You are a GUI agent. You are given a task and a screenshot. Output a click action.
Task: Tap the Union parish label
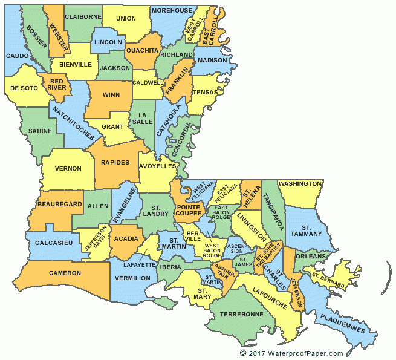(x=126, y=19)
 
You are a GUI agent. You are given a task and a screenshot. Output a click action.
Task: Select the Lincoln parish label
(x=108, y=42)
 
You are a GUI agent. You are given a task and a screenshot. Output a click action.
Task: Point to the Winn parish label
(x=111, y=94)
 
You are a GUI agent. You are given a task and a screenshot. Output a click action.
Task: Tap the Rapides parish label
(x=115, y=162)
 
